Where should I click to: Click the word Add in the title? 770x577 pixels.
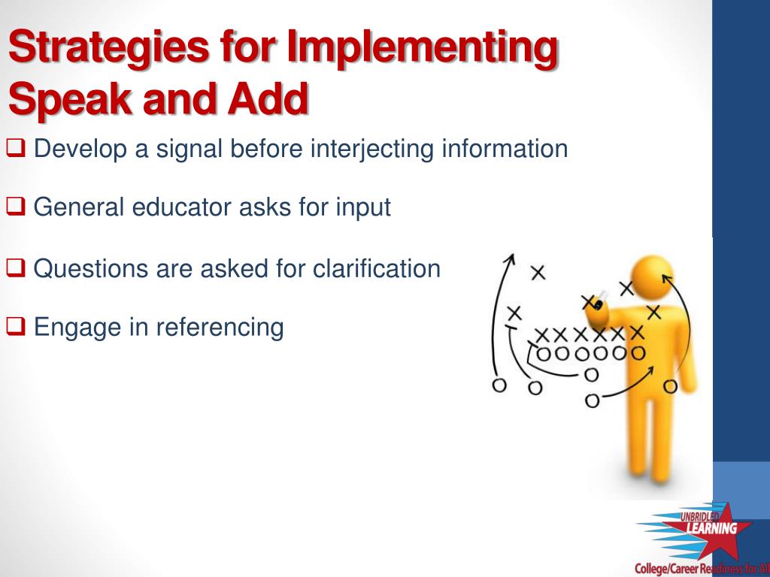pos(267,98)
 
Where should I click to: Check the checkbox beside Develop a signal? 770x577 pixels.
pos(15,148)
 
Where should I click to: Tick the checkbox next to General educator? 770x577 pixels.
pos(15,206)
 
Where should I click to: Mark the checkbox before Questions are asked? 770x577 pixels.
pos(15,268)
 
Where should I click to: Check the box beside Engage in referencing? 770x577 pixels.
pos(15,326)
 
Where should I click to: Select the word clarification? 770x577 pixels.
pos(376,268)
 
